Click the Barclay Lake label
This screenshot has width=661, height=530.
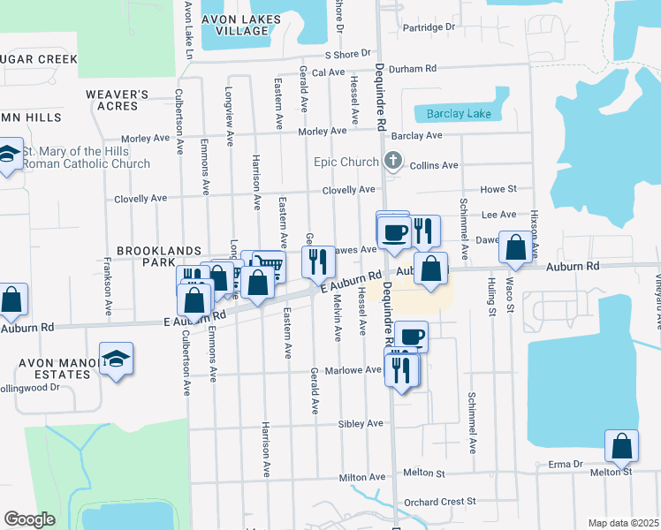(x=458, y=114)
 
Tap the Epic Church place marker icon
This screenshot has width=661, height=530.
(x=394, y=162)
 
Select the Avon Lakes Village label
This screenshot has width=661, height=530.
(x=235, y=25)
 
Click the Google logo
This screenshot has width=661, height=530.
(x=29, y=519)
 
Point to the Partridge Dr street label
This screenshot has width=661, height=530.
(x=428, y=27)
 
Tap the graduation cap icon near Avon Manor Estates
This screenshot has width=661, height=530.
(x=116, y=360)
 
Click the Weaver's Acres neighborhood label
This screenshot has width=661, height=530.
(x=117, y=100)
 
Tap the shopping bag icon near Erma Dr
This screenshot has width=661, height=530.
(x=621, y=446)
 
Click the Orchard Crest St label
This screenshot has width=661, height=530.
(x=440, y=502)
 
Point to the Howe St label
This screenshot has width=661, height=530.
(x=498, y=189)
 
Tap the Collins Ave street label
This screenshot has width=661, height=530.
(x=437, y=165)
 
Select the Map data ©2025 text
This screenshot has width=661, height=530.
(x=623, y=523)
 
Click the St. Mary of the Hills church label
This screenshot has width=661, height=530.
(x=87, y=157)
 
